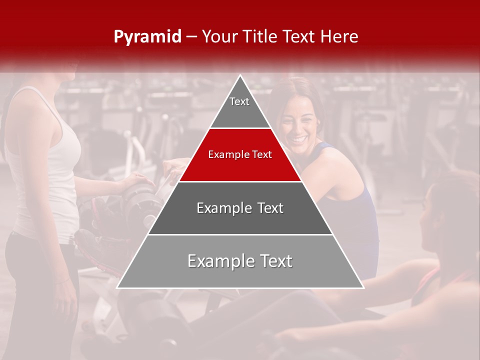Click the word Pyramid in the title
tap(147, 37)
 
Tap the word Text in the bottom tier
tap(272, 261)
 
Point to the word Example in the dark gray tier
tap(223, 208)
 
